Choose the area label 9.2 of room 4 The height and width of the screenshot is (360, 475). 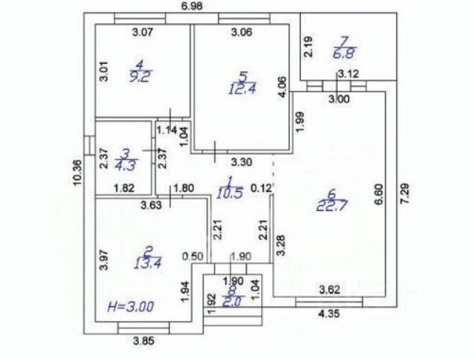(x=140, y=73)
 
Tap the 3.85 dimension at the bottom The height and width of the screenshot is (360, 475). (x=143, y=341)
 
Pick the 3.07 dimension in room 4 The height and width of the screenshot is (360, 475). (x=142, y=32)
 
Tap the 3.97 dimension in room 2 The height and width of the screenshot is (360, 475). (x=104, y=260)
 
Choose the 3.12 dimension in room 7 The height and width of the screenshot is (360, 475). (x=348, y=73)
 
